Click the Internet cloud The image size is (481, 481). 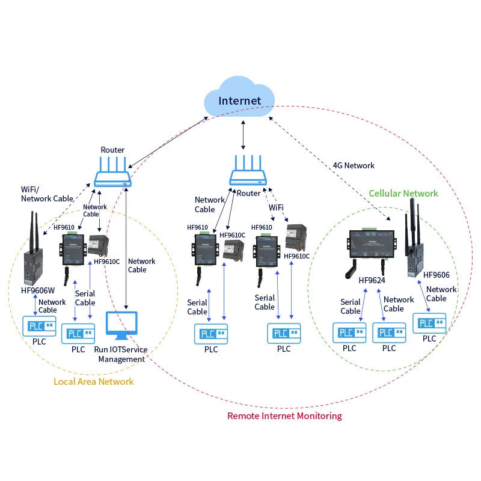click(x=240, y=100)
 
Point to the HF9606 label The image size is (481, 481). click(x=437, y=275)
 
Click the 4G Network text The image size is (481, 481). click(x=354, y=165)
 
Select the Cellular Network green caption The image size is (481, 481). click(x=403, y=193)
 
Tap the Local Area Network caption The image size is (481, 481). click(x=94, y=381)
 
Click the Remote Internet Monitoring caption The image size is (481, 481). click(x=284, y=415)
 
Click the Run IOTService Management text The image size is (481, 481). click(x=121, y=354)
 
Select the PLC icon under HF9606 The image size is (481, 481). click(x=429, y=323)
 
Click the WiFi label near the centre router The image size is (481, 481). click(x=276, y=207)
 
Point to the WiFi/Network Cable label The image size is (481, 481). click(x=47, y=194)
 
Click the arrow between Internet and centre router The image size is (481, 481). click(x=243, y=133)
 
